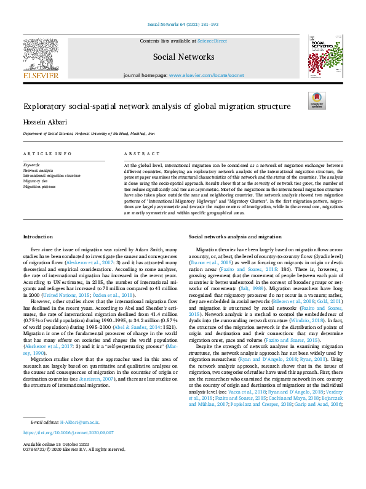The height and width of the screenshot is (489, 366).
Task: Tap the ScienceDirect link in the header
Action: [211, 41]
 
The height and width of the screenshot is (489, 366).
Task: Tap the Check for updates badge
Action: [317, 100]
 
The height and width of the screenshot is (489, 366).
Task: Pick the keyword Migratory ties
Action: [36, 181]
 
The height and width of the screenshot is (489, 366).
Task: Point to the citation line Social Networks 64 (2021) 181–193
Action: [183, 24]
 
